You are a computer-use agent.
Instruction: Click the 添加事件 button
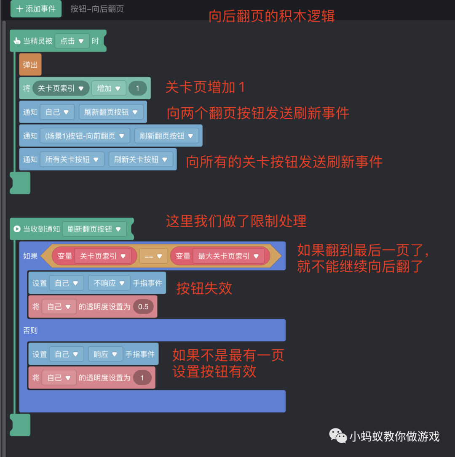tap(36, 9)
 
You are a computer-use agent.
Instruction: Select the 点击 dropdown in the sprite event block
tap(72, 41)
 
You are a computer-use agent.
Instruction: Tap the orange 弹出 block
tap(30, 65)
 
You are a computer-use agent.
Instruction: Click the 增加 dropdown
tap(109, 88)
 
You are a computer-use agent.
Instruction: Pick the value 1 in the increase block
tap(137, 88)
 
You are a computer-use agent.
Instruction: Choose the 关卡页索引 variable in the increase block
tap(61, 88)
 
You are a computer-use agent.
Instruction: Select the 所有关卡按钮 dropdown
tap(72, 159)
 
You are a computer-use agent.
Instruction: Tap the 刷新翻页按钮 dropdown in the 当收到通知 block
tap(94, 229)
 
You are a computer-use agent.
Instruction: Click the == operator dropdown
tap(153, 256)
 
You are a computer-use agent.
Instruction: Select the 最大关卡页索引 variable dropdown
tap(228, 256)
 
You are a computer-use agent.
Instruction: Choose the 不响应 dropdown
tap(109, 283)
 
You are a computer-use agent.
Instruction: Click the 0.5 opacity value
tap(143, 307)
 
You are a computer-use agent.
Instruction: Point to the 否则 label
tap(30, 330)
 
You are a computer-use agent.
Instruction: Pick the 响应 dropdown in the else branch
tap(105, 354)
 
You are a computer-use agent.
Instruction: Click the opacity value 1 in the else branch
tap(142, 378)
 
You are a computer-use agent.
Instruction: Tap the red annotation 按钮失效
tap(204, 288)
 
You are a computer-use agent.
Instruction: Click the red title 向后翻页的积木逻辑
tap(272, 16)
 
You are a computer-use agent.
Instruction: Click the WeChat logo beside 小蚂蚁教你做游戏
tap(338, 436)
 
